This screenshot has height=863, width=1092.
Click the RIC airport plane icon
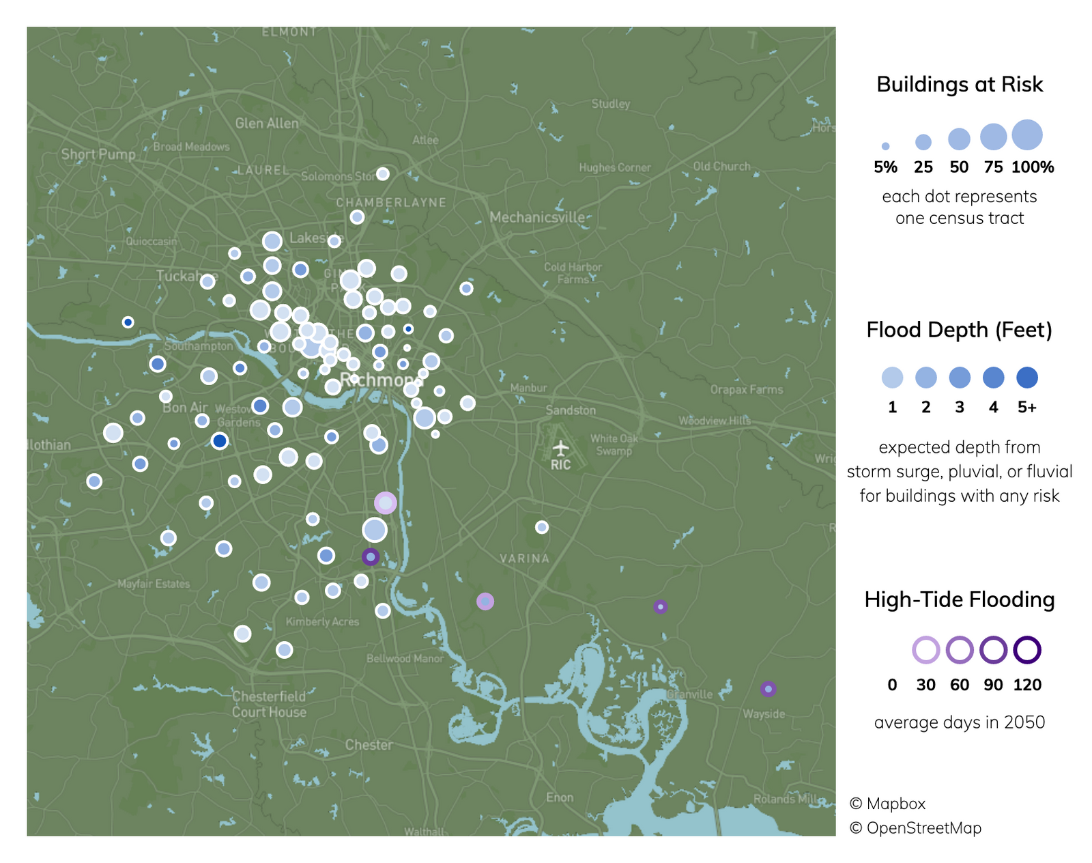[560, 449]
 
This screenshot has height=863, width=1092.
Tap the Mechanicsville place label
[537, 217]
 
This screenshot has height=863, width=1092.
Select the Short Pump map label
[98, 154]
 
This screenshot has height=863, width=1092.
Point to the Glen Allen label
[267, 124]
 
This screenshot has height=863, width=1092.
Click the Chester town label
[369, 745]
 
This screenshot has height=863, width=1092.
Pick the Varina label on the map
[524, 558]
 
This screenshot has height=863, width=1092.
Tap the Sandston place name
[571, 410]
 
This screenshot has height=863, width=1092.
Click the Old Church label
[721, 166]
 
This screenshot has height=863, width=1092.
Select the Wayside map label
[764, 714]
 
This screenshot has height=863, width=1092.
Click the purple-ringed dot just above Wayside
[768, 689]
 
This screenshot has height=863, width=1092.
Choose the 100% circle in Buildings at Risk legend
[1027, 135]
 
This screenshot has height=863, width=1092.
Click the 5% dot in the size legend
[885, 146]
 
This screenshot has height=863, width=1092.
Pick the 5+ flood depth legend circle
[1027, 378]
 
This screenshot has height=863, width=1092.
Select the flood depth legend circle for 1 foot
[892, 378]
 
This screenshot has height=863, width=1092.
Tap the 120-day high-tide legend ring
[1027, 650]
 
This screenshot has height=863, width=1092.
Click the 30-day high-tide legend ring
[925, 650]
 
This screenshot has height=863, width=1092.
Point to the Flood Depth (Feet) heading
[959, 330]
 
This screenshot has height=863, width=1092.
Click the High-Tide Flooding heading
[959, 599]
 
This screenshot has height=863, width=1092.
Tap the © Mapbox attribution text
[888, 804]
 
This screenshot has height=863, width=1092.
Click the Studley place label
[611, 104]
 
